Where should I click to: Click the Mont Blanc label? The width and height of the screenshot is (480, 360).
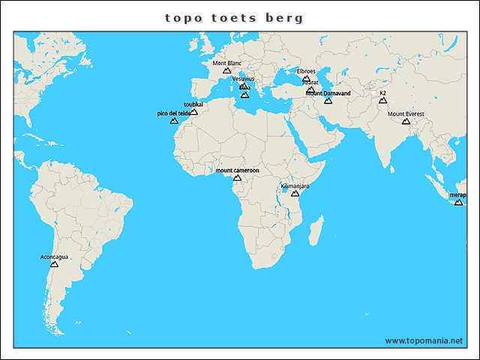pyautogui.click(x=227, y=64)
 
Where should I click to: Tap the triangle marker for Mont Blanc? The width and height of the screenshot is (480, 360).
pyautogui.click(x=227, y=70)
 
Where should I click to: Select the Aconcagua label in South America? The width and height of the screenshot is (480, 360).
pyautogui.click(x=54, y=257)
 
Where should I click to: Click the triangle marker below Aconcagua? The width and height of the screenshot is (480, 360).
pyautogui.click(x=54, y=264)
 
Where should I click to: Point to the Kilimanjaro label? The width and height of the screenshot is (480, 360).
pyautogui.click(x=295, y=186)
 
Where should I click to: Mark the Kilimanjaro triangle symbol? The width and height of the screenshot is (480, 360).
pyautogui.click(x=295, y=193)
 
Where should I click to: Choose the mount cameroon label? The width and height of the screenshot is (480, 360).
pyautogui.click(x=237, y=171)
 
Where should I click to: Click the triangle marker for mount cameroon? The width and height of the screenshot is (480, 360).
pyautogui.click(x=238, y=178)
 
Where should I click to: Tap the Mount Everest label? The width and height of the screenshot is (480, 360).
pyautogui.click(x=406, y=114)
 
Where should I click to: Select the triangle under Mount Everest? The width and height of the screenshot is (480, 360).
pyautogui.click(x=406, y=121)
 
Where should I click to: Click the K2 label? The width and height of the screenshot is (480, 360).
pyautogui.click(x=382, y=93)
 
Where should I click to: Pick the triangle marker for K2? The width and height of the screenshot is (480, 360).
pyautogui.click(x=382, y=100)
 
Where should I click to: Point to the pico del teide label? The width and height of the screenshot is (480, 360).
pyautogui.click(x=173, y=113)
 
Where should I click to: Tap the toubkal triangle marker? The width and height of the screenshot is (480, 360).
pyautogui.click(x=193, y=112)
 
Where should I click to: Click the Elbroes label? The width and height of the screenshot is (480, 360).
pyautogui.click(x=306, y=71)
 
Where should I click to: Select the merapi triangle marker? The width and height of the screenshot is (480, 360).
pyautogui.click(x=459, y=202)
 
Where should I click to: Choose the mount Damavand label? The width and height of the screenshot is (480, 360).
pyautogui.click(x=328, y=94)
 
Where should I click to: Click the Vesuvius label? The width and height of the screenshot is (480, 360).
pyautogui.click(x=243, y=79)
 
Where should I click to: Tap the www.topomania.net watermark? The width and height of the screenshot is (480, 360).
pyautogui.click(x=424, y=340)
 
